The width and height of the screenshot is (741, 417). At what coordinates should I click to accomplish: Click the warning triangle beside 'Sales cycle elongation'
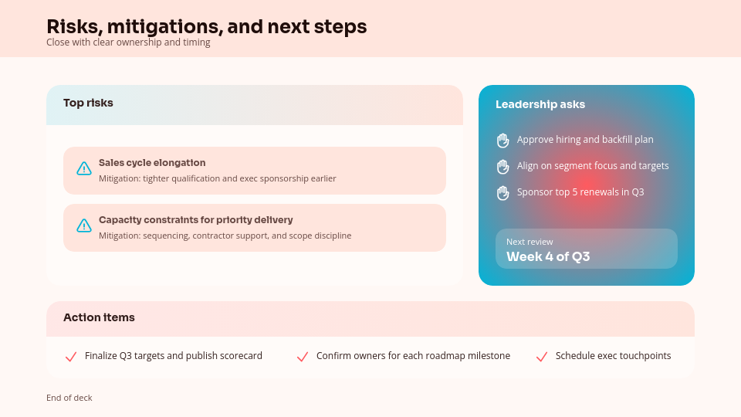[x=84, y=168]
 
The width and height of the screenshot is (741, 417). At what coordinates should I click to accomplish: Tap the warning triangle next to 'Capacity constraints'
[x=84, y=225]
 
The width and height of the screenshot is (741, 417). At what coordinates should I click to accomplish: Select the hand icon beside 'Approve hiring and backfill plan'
[x=502, y=141]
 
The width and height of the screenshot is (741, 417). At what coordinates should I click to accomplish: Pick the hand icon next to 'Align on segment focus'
[x=502, y=167]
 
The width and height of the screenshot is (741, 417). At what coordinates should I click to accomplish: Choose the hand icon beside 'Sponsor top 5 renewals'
[x=502, y=193]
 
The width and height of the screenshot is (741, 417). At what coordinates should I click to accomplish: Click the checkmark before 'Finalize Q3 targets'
[x=71, y=357]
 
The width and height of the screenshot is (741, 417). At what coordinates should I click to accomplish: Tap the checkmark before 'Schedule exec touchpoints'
[x=542, y=357]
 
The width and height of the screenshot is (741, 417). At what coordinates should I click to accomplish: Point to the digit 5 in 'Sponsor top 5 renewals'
[x=575, y=192]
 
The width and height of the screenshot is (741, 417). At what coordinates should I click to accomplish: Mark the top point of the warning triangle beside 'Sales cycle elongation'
[x=84, y=161]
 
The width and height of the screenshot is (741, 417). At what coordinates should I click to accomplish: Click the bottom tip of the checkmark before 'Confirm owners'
[x=300, y=361]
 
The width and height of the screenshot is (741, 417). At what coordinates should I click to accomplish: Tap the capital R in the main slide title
[x=53, y=27]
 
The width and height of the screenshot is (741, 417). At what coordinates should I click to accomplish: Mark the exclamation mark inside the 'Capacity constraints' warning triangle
[x=84, y=226]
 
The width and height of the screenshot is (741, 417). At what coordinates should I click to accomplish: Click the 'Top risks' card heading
[x=88, y=103]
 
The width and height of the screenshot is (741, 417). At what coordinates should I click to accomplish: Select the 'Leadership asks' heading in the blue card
[x=540, y=104]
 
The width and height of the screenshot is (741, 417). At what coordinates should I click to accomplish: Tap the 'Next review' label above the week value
[x=530, y=242]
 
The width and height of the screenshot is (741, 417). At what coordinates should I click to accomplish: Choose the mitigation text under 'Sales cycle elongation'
[x=218, y=178]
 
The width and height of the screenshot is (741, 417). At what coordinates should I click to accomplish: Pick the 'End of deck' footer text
[x=69, y=398]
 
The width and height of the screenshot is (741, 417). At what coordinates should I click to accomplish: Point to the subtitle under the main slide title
[x=129, y=42]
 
